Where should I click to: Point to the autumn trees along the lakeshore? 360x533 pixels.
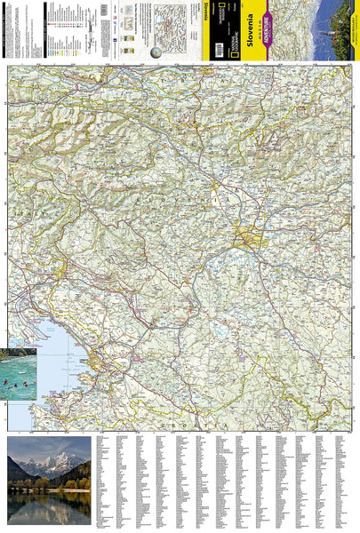67,484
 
